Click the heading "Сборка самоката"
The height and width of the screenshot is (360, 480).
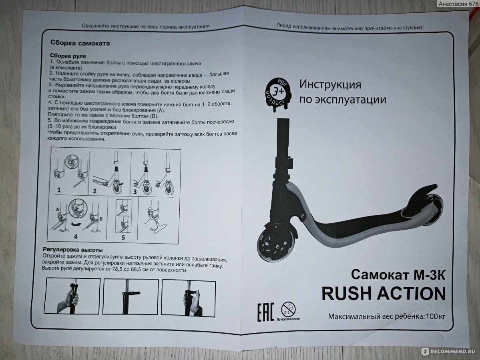coord(80,43)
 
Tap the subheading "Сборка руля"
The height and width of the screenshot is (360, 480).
coord(68,56)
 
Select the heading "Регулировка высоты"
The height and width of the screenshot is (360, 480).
coord(72,250)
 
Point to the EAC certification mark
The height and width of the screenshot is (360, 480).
coord(265,312)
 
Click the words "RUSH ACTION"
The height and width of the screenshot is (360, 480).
coord(384,294)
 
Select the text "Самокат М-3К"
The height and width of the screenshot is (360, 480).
coord(398,275)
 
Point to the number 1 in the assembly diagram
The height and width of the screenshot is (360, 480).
coord(59,190)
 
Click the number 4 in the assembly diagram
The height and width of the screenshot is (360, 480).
coord(76,236)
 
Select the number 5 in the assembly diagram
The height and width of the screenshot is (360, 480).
coord(123,237)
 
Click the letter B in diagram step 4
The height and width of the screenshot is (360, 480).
coord(101,219)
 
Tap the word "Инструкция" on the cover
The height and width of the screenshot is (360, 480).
coord(330,84)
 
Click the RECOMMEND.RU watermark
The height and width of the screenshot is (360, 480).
coord(449,352)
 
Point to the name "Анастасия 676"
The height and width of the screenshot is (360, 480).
coord(458,4)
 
